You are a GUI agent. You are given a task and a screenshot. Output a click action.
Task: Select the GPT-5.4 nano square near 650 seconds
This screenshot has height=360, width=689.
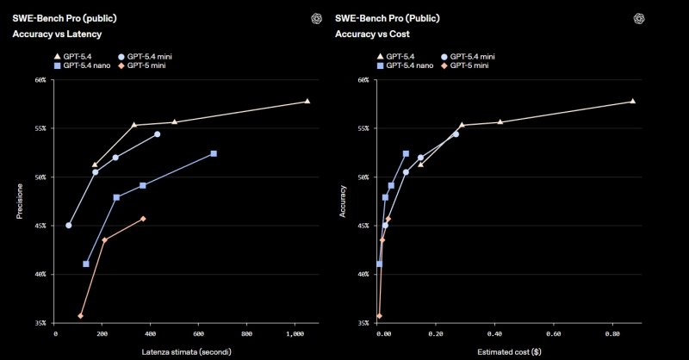(214, 153)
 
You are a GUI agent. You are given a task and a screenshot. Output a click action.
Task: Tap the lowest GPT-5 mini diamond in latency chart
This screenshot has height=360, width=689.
(81, 316)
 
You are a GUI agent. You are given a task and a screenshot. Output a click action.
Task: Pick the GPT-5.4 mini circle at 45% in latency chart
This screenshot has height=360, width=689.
(69, 226)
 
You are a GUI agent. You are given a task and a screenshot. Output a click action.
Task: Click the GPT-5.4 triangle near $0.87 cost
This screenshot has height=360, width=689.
(633, 101)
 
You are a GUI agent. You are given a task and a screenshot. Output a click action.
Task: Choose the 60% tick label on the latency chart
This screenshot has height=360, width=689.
(40, 80)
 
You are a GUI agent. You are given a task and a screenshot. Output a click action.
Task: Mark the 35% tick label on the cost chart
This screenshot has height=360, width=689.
(363, 323)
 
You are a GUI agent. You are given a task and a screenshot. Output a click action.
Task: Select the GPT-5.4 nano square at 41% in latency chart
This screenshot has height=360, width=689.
(86, 264)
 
